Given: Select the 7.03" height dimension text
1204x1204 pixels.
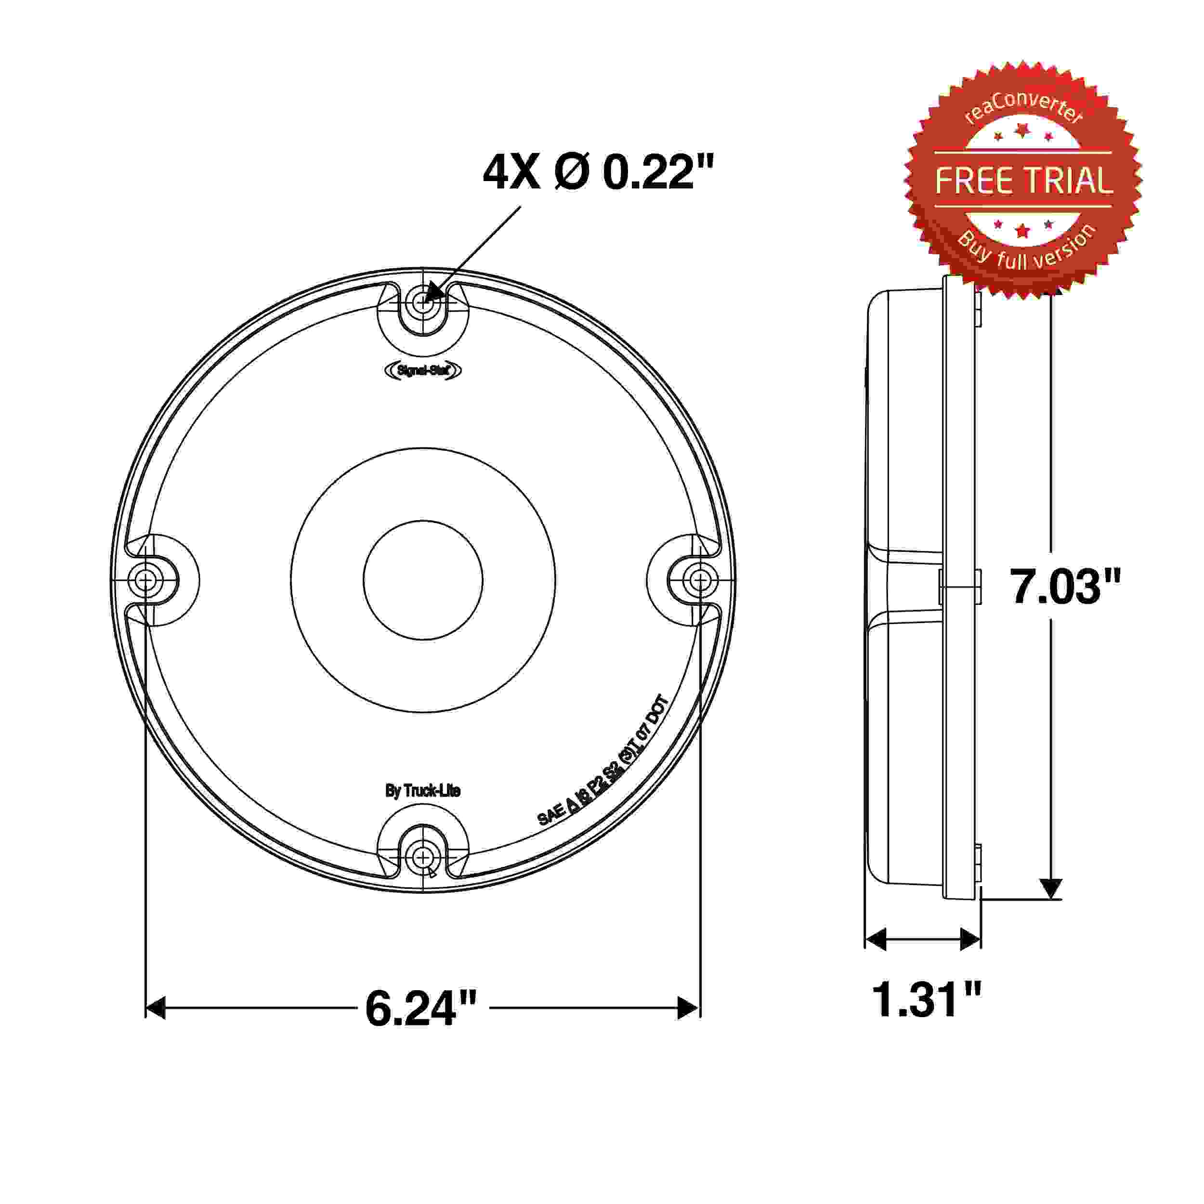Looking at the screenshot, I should (1065, 587).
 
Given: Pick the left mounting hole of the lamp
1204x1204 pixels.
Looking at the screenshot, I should (146, 581).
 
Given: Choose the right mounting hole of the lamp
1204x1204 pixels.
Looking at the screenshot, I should (700, 581).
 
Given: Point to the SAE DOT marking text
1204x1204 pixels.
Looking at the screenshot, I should (603, 761).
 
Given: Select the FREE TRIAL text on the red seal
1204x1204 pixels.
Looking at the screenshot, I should (1023, 180).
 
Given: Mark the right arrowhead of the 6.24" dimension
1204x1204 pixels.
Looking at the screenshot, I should (689, 1008).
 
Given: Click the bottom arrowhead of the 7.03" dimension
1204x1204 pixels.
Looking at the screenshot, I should (1051, 889).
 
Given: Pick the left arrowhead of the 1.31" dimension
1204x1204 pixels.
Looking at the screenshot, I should (876, 939).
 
